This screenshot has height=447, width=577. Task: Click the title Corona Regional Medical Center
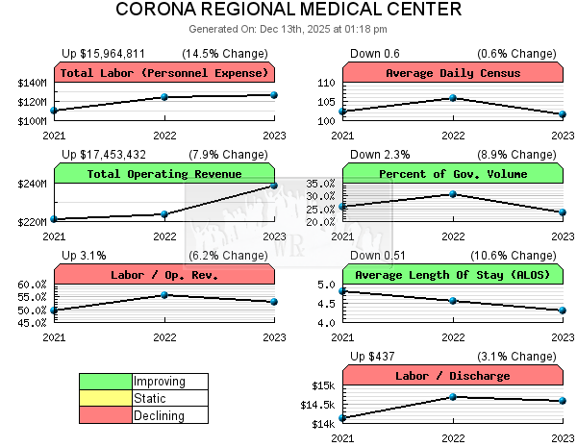coord(288,11)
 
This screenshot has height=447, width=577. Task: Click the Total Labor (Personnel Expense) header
coord(164,73)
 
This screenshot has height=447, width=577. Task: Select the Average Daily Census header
coord(453,73)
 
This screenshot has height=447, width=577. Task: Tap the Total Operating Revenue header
coord(164,174)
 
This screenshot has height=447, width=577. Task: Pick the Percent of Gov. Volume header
coord(453,174)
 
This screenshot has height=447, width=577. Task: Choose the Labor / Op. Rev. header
coord(164,275)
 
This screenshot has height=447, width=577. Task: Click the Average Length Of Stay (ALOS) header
coord(453,275)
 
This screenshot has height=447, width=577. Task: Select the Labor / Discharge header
coord(453,376)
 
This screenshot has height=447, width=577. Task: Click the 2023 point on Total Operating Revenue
coord(274,186)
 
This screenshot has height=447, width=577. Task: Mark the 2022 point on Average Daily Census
coord(453,98)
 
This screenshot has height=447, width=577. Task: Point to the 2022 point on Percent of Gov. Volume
coord(453,194)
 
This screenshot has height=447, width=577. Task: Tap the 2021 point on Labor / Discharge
coord(343,418)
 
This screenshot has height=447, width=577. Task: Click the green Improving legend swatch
coord(106,382)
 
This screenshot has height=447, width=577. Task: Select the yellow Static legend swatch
coord(106,399)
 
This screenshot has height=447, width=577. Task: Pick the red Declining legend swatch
coord(106,416)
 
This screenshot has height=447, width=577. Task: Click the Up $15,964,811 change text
coord(104,53)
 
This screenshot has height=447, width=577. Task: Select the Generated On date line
coord(288,29)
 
